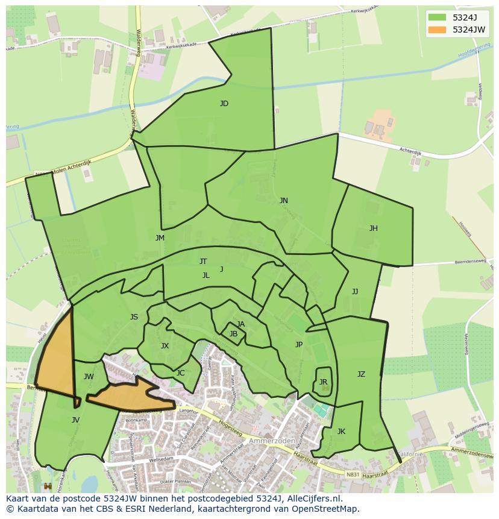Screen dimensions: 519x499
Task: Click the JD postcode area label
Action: [224, 104]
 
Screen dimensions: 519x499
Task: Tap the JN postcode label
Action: [283, 201]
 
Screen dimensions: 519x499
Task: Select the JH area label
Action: [374, 228]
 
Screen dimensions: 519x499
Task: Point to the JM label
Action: [160, 238]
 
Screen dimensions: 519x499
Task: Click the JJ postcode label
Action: [355, 292]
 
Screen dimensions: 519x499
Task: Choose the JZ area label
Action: [361, 374]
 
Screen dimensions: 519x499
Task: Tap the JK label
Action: [341, 432]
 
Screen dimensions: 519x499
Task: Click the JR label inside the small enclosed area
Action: [324, 382]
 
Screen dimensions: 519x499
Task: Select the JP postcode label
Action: [299, 345]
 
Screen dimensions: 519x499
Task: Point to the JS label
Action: [134, 317]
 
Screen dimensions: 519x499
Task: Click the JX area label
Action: [165, 346]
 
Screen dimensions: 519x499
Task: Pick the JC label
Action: [180, 373]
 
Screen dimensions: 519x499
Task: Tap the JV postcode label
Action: [75, 420]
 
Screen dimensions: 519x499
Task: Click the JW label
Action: [89, 377]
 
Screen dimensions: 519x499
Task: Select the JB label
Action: [233, 334]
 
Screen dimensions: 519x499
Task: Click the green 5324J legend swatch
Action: [437, 17]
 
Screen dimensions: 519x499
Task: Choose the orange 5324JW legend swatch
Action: [437, 30]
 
